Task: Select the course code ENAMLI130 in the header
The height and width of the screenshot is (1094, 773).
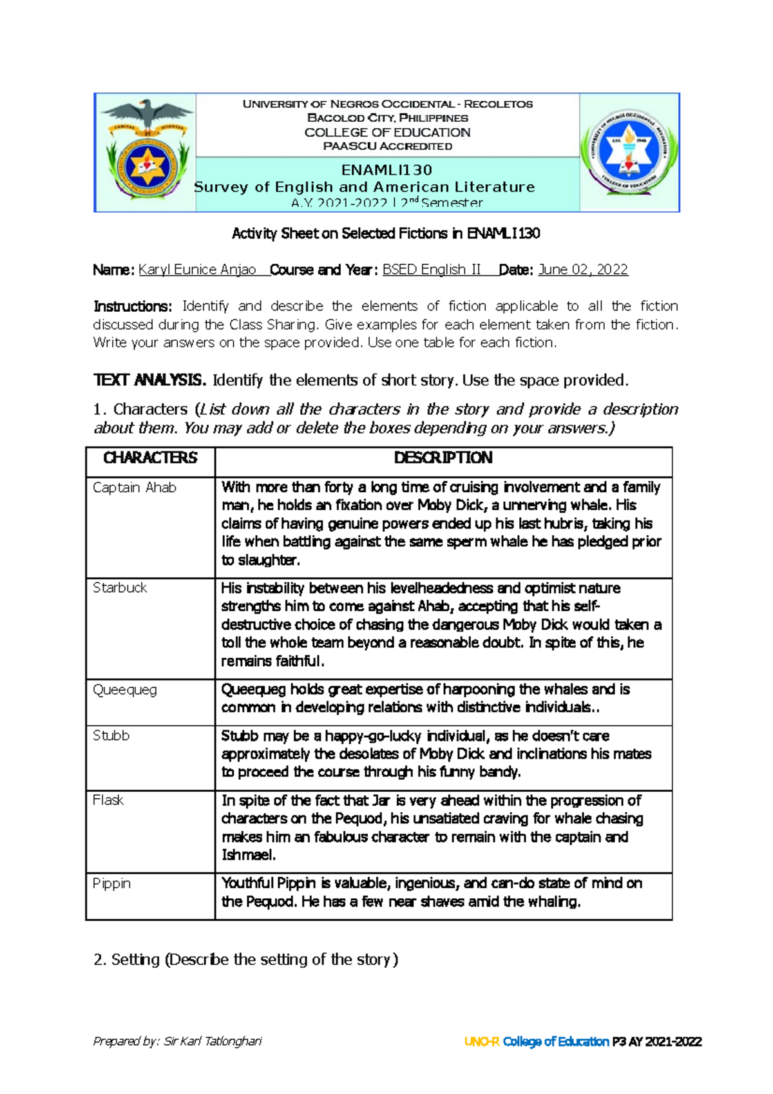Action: (x=386, y=170)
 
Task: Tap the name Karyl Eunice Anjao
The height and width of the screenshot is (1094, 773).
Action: (x=197, y=270)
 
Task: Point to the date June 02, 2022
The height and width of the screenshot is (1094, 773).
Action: (x=582, y=270)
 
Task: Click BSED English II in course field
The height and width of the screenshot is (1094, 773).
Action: (x=432, y=270)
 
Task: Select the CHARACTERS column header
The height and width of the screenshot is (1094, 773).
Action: (x=150, y=458)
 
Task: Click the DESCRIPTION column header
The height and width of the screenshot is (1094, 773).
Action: (x=443, y=458)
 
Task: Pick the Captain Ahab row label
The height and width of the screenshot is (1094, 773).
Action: (x=135, y=488)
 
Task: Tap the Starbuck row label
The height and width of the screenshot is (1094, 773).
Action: (x=120, y=588)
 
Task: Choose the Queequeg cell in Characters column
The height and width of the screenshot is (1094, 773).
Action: (x=125, y=690)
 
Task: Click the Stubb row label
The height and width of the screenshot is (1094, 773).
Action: (x=111, y=736)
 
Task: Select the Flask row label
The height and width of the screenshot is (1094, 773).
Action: (x=108, y=800)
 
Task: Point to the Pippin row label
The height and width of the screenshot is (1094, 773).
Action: (x=111, y=883)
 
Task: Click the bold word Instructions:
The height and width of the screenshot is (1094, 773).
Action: (x=133, y=306)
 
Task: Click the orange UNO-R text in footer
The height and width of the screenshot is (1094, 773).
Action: (x=481, y=1042)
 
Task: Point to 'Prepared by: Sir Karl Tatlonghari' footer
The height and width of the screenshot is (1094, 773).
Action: (x=177, y=1041)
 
